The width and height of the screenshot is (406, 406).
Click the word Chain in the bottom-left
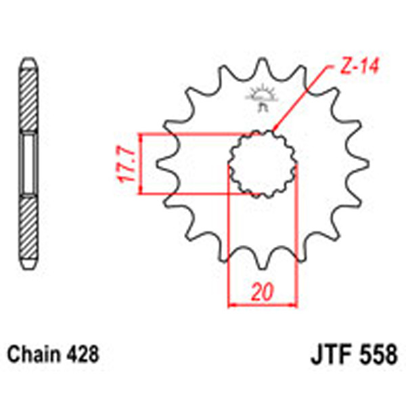tap(34, 354)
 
